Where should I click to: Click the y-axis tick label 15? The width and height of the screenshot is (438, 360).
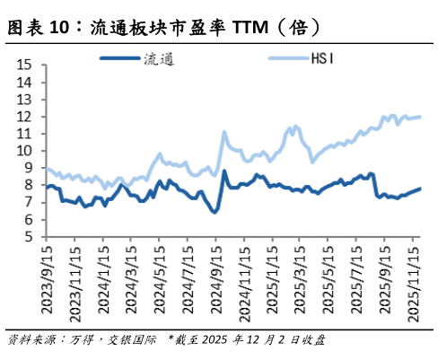pos(24,65)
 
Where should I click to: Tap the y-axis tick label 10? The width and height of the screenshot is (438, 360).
pos(24,151)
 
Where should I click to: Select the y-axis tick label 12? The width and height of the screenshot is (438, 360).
pos(24,117)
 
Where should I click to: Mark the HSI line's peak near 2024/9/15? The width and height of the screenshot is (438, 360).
pos(224,132)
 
